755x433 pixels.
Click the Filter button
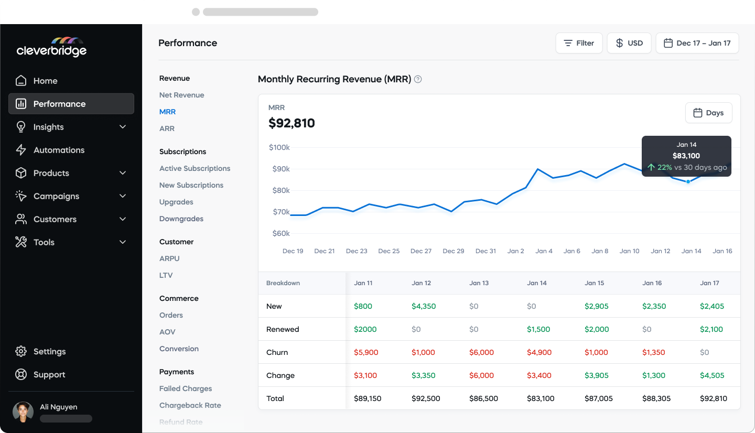coord(579,43)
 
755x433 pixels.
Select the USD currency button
coord(629,43)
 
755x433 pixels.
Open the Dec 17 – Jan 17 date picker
coord(697,43)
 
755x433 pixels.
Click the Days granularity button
coord(708,113)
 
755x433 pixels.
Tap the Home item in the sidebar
coord(45,81)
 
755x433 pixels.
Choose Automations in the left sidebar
coord(59,150)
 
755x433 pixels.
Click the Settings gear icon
coord(21,351)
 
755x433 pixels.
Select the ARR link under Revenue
coord(167,128)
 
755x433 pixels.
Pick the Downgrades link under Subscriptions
coord(181,219)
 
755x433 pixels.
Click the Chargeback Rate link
coord(190,405)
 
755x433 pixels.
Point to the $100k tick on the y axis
coord(279,147)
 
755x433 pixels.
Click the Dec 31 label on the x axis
coord(486,251)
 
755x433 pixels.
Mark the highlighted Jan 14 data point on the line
coord(688,181)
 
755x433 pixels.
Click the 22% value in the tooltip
coord(664,167)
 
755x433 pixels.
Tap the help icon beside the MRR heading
coord(418,80)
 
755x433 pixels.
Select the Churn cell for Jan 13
coord(481,352)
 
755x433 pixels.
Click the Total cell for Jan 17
coord(713,398)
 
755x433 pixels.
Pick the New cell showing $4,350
coord(424,306)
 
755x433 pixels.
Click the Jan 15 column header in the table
coord(594,283)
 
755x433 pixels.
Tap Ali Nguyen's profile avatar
coord(23,412)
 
